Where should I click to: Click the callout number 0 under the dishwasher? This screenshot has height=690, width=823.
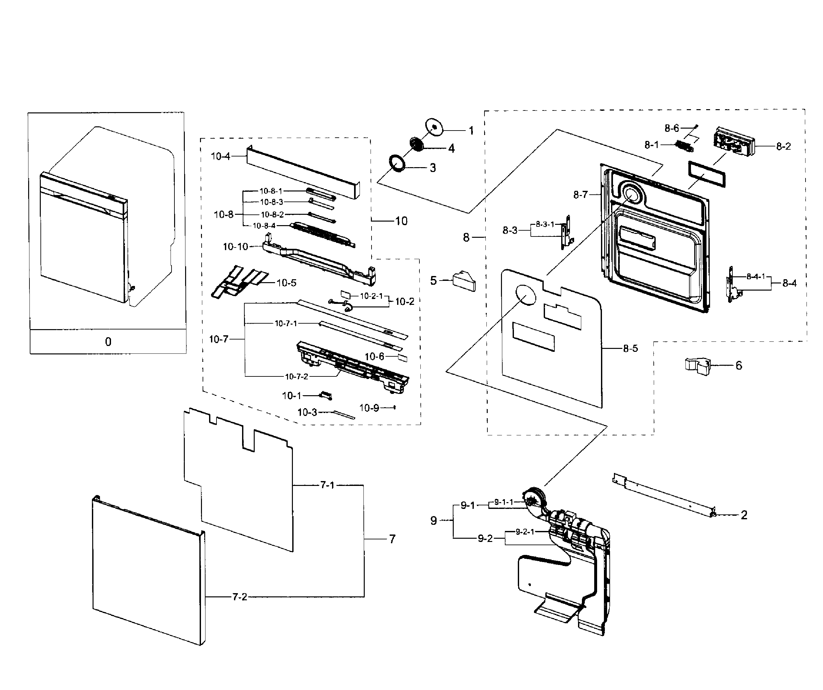point(108,342)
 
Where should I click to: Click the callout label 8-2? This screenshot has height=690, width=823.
point(784,146)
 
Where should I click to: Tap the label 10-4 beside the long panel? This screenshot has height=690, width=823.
point(220,156)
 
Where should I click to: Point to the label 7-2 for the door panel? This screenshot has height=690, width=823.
point(239,597)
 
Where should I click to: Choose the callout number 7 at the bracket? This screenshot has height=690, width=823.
point(392,539)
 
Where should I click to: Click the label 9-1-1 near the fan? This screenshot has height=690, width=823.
point(503,502)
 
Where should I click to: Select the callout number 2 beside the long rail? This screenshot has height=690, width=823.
point(744,515)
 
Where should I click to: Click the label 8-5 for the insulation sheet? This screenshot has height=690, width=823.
point(630,348)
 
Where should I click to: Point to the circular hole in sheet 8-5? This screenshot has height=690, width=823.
point(525,295)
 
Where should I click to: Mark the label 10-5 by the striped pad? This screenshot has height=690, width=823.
point(286,283)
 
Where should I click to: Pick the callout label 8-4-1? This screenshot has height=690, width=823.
point(756,277)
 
